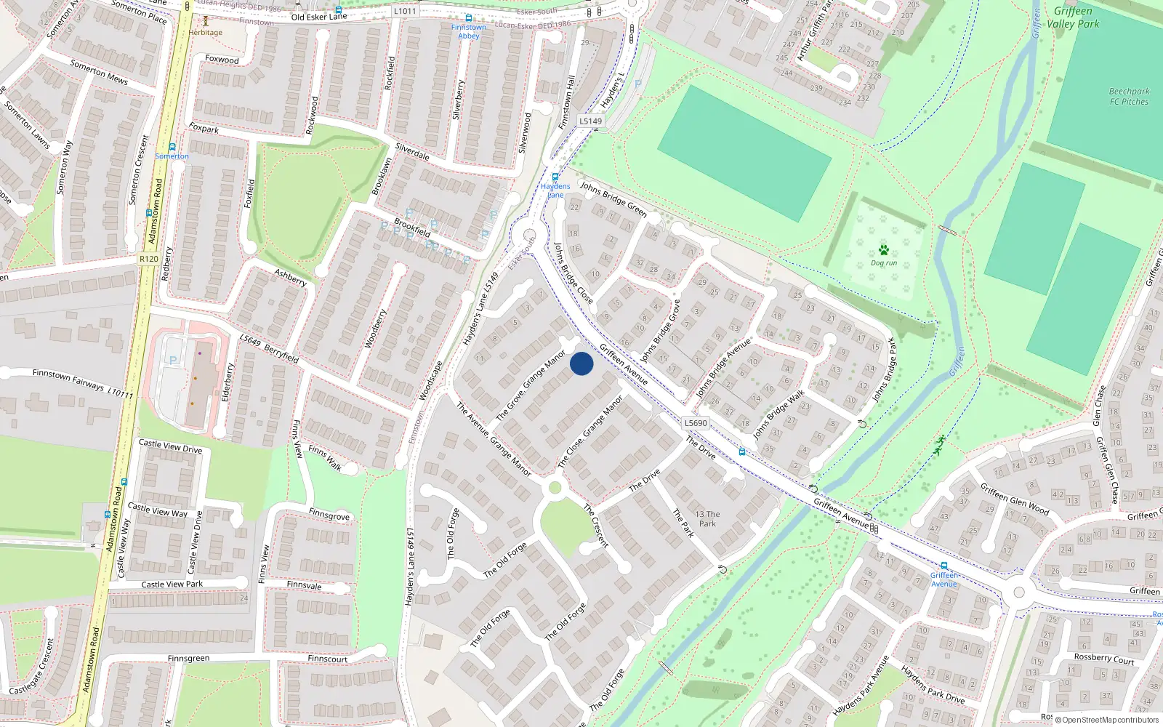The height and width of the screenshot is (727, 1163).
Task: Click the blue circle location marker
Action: click(581, 363)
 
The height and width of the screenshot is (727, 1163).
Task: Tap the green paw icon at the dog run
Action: click(884, 250)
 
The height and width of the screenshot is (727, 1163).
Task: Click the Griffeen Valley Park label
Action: click(1073, 17)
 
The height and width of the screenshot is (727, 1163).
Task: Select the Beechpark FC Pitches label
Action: click(1129, 97)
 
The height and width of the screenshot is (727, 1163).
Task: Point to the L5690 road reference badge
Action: click(696, 423)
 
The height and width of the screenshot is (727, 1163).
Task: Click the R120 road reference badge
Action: click(148, 259)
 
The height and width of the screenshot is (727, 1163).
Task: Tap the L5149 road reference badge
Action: click(591, 121)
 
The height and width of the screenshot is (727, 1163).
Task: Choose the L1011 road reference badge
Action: click(405, 11)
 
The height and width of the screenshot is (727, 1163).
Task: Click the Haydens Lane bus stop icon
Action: click(555, 177)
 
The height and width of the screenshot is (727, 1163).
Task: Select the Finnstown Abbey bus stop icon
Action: click(469, 18)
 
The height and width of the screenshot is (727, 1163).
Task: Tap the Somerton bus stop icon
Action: click(172, 147)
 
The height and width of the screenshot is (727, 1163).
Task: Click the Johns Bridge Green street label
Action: click(613, 199)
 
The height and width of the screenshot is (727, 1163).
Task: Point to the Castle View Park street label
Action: click(172, 584)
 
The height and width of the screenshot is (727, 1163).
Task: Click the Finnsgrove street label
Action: click(329, 515)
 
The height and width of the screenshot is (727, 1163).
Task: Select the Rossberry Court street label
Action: click(1104, 659)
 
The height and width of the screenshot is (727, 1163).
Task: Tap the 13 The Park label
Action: click(707, 518)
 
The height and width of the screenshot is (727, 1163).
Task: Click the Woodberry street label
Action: click(375, 329)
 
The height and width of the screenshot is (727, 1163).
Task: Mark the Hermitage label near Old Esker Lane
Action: click(206, 32)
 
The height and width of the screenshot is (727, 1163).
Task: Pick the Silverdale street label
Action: click(412, 151)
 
